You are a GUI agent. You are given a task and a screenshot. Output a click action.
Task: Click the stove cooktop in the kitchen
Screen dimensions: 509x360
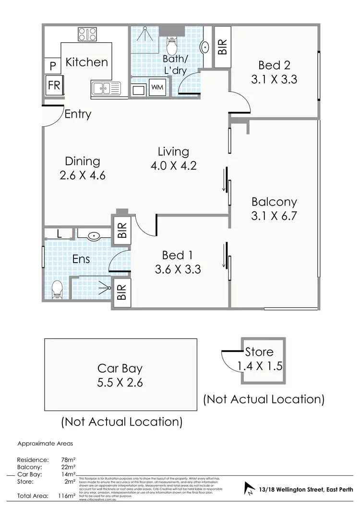click(x=87, y=34)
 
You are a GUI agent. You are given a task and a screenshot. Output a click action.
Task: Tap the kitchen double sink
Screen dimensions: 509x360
click(x=106, y=88)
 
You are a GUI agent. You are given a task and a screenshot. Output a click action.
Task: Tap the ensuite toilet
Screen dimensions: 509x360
click(x=57, y=289)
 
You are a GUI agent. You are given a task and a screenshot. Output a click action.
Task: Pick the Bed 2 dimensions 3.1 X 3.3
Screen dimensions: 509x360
click(x=274, y=79)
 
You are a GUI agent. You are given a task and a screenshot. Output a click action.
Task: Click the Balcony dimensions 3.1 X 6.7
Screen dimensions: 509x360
click(x=274, y=216)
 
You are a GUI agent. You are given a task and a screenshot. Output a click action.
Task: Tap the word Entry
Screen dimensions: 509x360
click(x=78, y=114)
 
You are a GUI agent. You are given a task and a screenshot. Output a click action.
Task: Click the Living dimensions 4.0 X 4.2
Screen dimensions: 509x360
click(x=173, y=166)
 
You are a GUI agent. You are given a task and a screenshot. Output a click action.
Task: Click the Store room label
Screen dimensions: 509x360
click(x=259, y=352)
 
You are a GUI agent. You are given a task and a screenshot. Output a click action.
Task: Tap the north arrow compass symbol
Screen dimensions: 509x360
click(x=250, y=489)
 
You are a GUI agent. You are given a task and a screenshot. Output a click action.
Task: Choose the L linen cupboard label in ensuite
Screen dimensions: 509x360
click(x=59, y=235)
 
